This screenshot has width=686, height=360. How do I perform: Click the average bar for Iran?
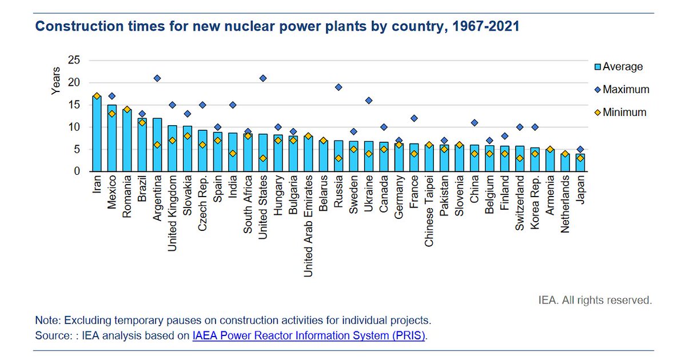point(97,134)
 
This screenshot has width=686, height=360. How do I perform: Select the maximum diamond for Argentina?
point(157,78)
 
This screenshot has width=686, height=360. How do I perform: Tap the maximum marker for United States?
point(263,78)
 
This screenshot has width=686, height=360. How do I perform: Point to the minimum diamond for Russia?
point(338,158)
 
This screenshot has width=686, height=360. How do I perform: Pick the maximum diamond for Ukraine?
point(369,101)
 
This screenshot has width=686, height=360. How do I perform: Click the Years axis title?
point(55,81)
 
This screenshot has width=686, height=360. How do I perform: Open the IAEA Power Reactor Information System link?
point(309,336)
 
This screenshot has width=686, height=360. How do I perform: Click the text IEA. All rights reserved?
point(595,299)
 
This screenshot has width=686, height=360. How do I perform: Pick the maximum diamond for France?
point(414,118)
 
